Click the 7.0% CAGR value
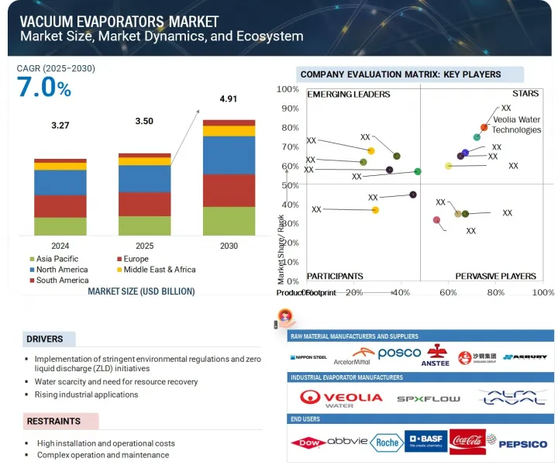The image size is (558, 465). coord(43,88)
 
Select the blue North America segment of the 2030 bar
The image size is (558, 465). coord(229,155)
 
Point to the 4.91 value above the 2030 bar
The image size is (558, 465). coord(229,98)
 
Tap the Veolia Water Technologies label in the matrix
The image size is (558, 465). coord(516,125)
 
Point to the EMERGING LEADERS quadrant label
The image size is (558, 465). coord(348,95)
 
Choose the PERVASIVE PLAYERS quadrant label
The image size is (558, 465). coord(495,276)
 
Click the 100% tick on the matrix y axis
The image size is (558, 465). coord(288,89)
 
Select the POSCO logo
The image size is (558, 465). coord(398,353)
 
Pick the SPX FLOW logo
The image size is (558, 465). coord(428,398)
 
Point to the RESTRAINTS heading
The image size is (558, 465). coord(54,422)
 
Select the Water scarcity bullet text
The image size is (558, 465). coord(116,381)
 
